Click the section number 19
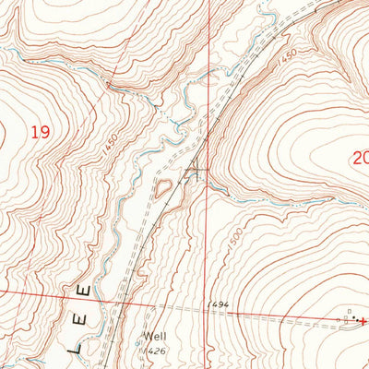(x=39, y=133)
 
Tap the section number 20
(x=360, y=158)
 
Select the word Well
(x=152, y=337)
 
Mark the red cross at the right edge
(x=363, y=320)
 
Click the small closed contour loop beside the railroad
(x=162, y=189)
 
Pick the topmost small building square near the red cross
(x=351, y=311)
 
